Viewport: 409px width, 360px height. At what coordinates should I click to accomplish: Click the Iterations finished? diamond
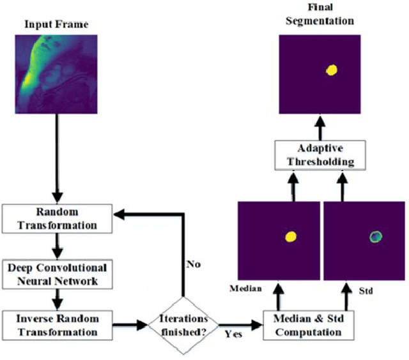tap(183, 326)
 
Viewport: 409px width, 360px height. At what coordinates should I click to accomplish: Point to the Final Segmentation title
tap(318, 14)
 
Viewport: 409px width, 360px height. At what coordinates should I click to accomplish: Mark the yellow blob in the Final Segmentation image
tap(332, 70)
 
